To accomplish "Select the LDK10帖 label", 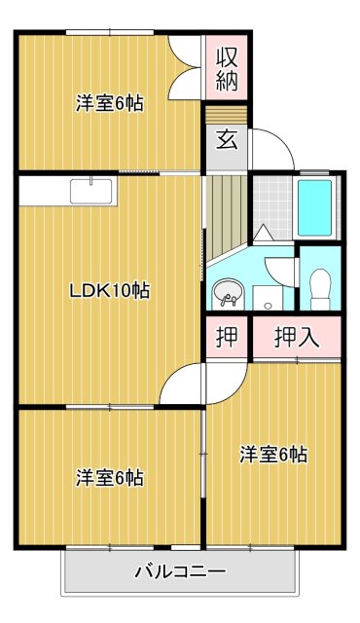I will (109, 289).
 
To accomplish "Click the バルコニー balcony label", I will (180, 571).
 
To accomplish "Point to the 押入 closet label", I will (297, 338).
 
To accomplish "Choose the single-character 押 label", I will (227, 338).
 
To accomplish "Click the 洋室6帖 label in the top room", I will (110, 103).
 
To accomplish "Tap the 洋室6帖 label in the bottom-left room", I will (110, 477).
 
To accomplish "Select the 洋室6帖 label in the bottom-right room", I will (274, 454).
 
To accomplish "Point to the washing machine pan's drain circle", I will (268, 306).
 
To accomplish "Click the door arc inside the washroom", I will (280, 270).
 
